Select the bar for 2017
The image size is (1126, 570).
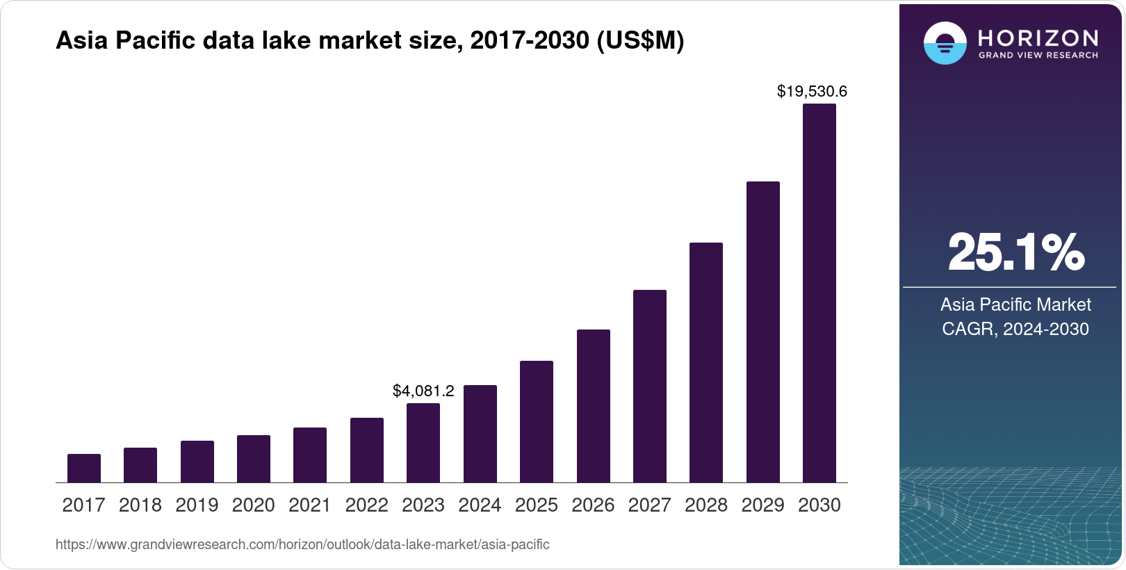[x=84, y=468]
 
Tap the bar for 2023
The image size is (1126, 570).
[x=423, y=443]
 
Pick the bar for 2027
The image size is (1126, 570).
[x=649, y=386]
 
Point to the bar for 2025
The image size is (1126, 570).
[x=537, y=422]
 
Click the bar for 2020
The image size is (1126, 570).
[x=254, y=459]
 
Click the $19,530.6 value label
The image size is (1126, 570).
[x=812, y=92]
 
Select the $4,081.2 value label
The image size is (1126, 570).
[x=423, y=391]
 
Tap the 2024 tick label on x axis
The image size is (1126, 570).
[x=480, y=505]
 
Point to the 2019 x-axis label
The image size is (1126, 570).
[x=197, y=505]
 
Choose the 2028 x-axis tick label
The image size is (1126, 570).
[x=706, y=505]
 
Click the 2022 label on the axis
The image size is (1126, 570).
[x=366, y=505]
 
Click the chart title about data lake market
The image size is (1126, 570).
[x=370, y=41]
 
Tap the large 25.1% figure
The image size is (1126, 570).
[x=1015, y=253]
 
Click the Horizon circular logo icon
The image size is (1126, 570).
[x=945, y=43]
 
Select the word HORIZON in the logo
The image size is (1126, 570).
[x=1038, y=38]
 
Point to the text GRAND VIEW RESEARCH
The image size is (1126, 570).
[x=1038, y=56]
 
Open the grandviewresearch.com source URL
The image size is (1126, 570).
[x=302, y=545]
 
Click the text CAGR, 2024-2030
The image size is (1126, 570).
[x=1015, y=329]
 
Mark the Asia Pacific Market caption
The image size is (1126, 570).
[x=1015, y=304]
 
